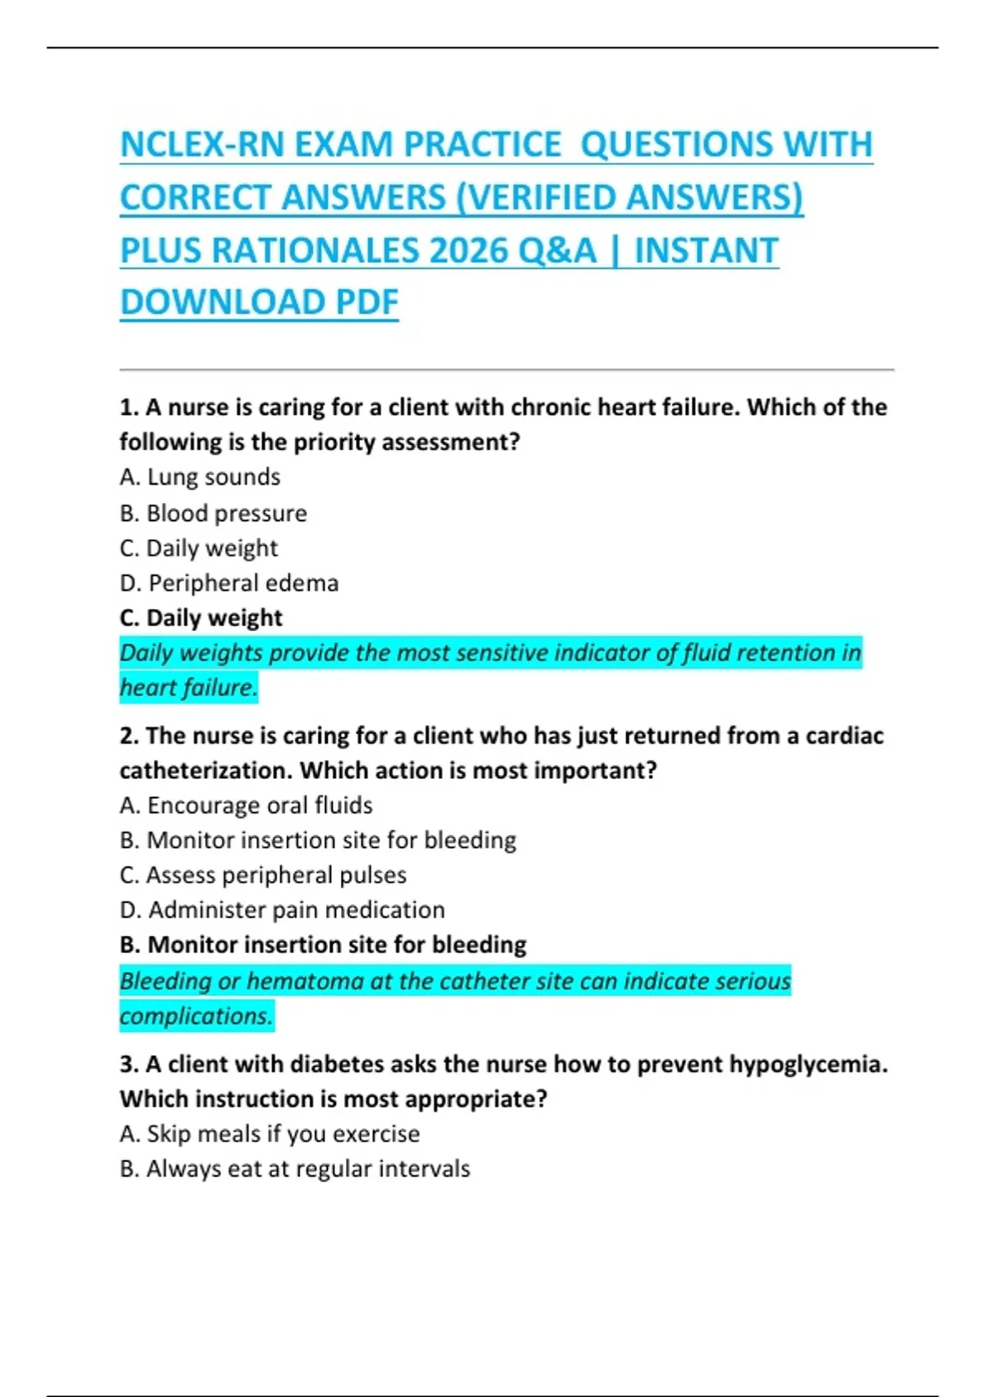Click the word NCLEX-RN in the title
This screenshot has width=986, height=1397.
202,145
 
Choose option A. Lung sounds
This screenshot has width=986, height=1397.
200,477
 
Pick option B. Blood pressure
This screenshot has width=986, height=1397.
213,514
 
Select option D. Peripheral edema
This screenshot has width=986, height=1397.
228,583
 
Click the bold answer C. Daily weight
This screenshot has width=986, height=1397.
200,618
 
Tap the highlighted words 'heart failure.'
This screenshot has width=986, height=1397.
188,688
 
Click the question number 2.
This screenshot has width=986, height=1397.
128,736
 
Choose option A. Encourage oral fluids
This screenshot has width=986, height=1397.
246,805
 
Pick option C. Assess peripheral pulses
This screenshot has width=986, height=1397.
263,875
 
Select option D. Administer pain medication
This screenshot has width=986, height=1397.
282,911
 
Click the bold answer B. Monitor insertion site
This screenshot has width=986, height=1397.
323,945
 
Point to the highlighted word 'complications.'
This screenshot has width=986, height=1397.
196,1017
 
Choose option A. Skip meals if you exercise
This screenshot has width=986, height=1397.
270,1134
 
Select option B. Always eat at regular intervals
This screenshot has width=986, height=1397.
295,1169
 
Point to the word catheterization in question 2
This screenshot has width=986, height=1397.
205,771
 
